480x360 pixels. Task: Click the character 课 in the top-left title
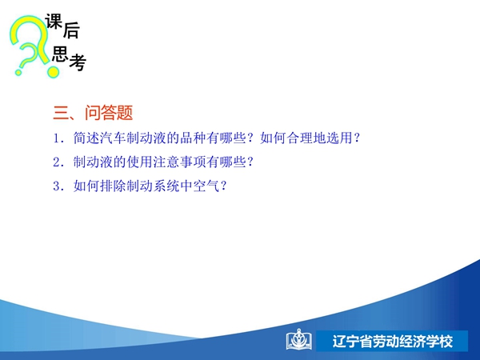point(54,22)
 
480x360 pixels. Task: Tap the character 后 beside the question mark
point(71,30)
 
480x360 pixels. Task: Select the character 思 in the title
point(60,54)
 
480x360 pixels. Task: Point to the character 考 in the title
point(78,62)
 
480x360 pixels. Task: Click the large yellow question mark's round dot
point(53,72)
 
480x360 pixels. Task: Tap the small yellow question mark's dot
point(18,73)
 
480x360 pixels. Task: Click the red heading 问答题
point(109,113)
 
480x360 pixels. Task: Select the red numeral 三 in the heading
point(62,113)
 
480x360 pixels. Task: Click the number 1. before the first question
point(58,138)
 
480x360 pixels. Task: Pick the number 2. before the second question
point(58,162)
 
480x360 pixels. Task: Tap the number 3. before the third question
point(58,186)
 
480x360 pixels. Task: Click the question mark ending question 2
point(250,162)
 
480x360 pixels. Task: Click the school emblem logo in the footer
point(299,340)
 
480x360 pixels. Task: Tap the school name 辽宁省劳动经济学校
point(393,342)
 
